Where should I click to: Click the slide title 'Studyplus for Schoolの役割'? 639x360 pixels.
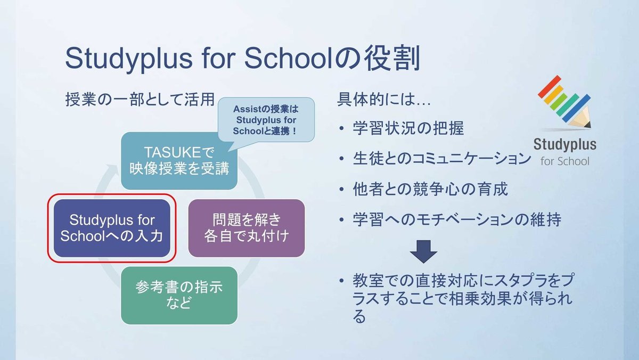(x=243, y=59)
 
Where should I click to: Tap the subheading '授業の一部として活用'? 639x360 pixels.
(x=140, y=100)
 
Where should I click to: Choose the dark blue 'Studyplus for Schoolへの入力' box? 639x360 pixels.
(x=111, y=228)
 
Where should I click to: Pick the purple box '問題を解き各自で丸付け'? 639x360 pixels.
(x=247, y=227)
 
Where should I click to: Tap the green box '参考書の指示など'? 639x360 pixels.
(x=178, y=295)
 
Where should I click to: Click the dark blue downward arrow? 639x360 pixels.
(x=423, y=251)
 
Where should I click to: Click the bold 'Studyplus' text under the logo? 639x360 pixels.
(x=564, y=145)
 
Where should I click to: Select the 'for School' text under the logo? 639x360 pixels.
(x=564, y=161)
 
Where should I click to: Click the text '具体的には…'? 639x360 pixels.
(x=377, y=100)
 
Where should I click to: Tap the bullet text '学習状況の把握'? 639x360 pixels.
(x=408, y=128)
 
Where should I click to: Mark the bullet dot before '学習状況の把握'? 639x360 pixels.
(x=342, y=129)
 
